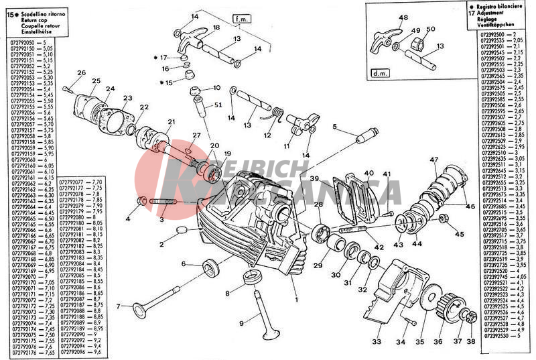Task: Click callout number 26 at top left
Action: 81,73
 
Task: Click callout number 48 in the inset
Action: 403,18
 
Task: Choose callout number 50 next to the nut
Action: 431,28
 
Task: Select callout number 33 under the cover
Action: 377,341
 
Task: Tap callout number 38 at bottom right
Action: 471,341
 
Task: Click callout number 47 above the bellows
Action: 434,160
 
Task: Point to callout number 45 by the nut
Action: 459,234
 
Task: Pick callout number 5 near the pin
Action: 334,126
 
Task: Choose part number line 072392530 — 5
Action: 500,335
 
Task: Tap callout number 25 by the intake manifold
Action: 96,82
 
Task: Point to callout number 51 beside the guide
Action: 218,105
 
